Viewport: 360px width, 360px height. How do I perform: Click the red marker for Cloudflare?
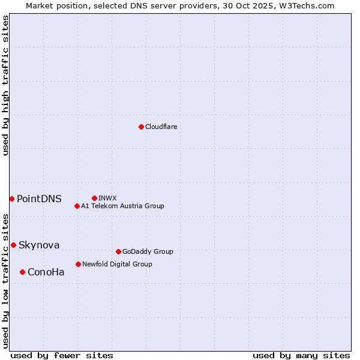[x=141, y=127]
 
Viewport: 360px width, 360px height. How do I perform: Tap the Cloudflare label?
[x=161, y=127]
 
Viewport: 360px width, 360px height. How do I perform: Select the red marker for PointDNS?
[x=11, y=199]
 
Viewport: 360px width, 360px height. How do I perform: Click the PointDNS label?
[x=39, y=199]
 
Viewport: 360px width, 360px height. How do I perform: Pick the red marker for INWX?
[x=94, y=198]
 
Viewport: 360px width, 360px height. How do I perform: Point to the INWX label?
[x=107, y=198]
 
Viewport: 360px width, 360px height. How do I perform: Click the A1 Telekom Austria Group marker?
[x=77, y=206]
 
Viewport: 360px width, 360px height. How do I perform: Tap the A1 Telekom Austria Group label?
[x=122, y=206]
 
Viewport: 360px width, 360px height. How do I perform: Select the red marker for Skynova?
[x=13, y=245]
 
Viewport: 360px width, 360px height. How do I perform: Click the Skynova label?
[x=39, y=245]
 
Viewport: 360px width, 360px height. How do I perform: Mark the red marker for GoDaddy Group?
[x=118, y=251]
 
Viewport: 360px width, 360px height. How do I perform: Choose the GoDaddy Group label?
[x=148, y=252]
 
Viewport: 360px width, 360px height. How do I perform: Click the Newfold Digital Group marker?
[x=78, y=264]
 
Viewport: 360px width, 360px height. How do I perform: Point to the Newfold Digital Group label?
[x=117, y=264]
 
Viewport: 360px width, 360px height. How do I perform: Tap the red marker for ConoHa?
[x=22, y=272]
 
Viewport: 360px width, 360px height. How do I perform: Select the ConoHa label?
[x=46, y=272]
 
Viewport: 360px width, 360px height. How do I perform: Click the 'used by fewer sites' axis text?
[x=62, y=356]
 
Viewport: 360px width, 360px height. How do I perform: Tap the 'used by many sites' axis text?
[x=301, y=356]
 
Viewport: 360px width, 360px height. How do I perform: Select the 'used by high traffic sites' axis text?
[x=5, y=85]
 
